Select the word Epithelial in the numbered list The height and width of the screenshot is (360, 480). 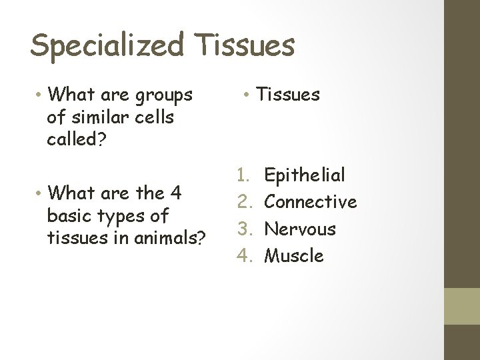pyautogui.click(x=305, y=175)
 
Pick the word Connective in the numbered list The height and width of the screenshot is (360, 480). pyautogui.click(x=311, y=202)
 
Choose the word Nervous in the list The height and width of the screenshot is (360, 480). pyautogui.click(x=300, y=229)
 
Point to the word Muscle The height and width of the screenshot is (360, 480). pyautogui.click(x=294, y=255)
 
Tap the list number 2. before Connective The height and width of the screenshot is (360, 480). pyautogui.click(x=245, y=202)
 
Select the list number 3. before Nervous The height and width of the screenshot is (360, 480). pyautogui.click(x=245, y=229)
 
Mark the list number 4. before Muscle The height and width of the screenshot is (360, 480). pyautogui.click(x=245, y=255)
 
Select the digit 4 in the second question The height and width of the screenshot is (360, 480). pyautogui.click(x=176, y=193)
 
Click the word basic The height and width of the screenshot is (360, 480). pyautogui.click(x=69, y=216)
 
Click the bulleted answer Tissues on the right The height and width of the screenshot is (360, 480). pyautogui.click(x=288, y=95)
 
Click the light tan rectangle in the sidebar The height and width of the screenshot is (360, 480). pyautogui.click(x=462, y=306)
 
